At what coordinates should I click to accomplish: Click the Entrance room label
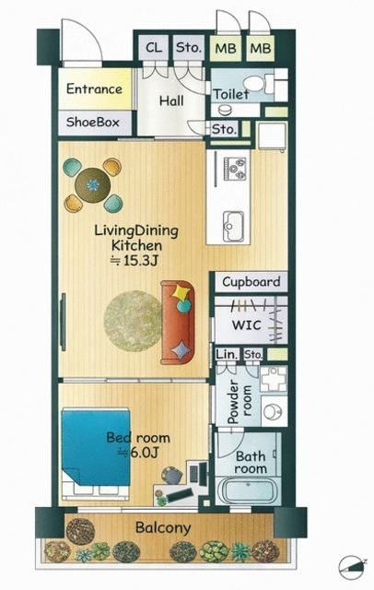coord(94,89)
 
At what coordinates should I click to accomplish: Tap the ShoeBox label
coord(92,122)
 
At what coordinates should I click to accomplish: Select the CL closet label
coord(154,47)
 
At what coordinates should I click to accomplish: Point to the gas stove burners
coord(235,168)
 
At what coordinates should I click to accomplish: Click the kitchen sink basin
coord(233,226)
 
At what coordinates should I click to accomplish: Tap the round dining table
coord(92,185)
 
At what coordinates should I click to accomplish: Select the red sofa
coord(178,323)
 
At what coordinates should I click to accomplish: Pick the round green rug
coord(134,321)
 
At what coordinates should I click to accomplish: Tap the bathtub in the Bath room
coord(248,490)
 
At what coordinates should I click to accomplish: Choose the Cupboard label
coord(251,282)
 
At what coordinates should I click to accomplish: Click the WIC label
coord(246,324)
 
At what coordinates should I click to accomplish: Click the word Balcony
coord(163,527)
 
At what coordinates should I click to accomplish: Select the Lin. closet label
coord(228,354)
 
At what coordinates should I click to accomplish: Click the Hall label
coord(171,100)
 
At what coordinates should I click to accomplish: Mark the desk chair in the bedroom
coord(172,476)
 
